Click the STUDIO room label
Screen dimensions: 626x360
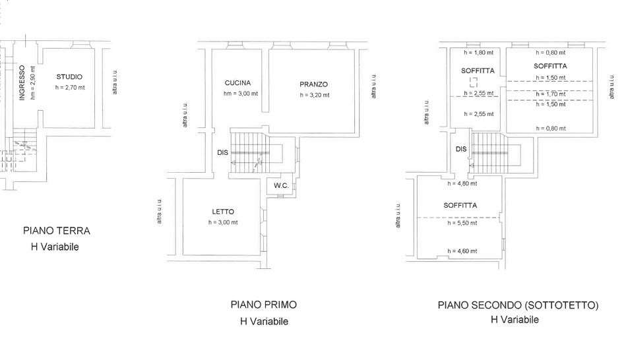(x=69, y=77)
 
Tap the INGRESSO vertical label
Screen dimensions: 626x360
(x=22, y=82)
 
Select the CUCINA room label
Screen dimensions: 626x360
(x=238, y=83)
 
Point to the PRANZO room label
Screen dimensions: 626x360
(x=314, y=84)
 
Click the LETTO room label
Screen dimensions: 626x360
(x=223, y=212)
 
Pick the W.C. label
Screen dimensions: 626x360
(x=282, y=185)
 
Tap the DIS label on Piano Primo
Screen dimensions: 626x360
(x=223, y=152)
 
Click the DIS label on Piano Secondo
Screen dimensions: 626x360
(x=461, y=149)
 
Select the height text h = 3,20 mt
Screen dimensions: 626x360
(x=315, y=95)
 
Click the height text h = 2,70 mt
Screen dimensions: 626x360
(x=70, y=88)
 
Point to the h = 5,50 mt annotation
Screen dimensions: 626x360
(x=462, y=223)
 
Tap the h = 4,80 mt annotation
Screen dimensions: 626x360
(x=462, y=183)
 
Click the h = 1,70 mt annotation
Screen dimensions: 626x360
(x=551, y=94)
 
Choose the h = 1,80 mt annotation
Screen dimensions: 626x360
(x=479, y=52)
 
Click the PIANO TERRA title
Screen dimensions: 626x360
(x=57, y=231)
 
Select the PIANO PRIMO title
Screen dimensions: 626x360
(x=264, y=305)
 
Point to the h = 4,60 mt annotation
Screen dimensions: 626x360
(x=462, y=251)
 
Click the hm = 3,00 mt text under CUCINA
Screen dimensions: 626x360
(x=241, y=94)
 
